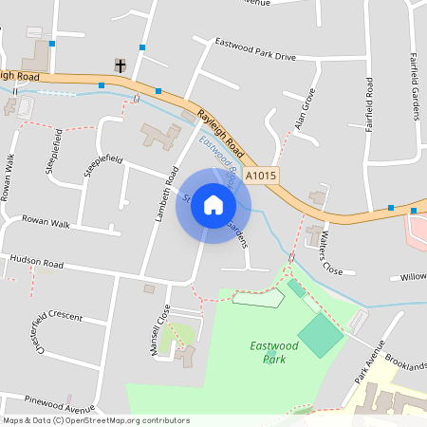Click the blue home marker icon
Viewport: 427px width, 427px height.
pos(213,205)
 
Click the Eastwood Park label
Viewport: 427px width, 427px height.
pos(274,352)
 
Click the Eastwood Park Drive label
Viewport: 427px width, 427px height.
pos(255,50)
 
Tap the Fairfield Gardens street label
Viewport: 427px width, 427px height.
pos(415,85)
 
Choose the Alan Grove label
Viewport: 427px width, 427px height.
pos(304,110)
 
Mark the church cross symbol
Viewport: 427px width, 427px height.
pos(120,65)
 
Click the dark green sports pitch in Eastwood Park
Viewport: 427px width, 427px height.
pos(321,334)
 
